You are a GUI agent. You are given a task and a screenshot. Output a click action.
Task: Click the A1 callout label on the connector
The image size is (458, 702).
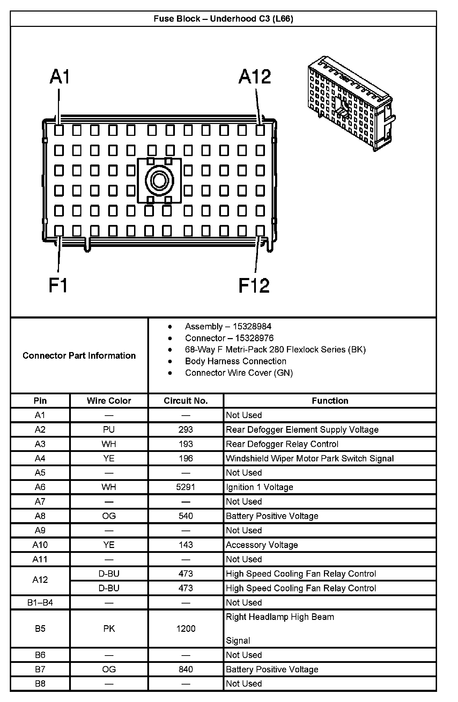coord(60,77)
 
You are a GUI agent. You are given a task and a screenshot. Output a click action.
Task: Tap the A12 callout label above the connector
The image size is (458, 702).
coord(254,77)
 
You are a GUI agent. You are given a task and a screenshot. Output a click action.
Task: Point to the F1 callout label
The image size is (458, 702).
coord(58,285)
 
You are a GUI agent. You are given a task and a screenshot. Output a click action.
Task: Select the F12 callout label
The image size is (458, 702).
coord(254,285)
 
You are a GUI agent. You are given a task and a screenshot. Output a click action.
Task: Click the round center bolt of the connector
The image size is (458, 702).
coord(159,181)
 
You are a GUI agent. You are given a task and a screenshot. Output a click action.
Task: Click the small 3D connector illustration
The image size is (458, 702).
coord(350,103)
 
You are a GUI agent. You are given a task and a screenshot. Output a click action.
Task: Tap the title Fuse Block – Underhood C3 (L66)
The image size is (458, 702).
coord(223,19)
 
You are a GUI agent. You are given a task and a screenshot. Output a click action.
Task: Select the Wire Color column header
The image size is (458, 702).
coord(109,401)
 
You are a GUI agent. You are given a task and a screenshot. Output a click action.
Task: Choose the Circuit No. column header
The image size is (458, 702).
coord(186,401)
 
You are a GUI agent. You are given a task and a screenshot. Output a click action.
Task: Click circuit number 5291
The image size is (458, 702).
coord(186,487)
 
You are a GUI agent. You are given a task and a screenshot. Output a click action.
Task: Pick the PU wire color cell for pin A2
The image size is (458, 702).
coord(109,430)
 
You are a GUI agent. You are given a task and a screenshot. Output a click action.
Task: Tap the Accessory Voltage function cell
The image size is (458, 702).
coord(262,545)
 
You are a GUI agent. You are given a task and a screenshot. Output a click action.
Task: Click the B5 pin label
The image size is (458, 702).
coord(40,629)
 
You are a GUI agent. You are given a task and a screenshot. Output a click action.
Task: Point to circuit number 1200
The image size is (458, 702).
coord(186,629)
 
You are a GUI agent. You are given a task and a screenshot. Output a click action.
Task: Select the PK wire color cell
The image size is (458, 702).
coord(109,629)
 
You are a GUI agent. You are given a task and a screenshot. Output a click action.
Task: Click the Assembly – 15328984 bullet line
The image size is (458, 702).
coord(228,327)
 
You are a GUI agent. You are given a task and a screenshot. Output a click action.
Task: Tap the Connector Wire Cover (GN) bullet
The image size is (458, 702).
coord(239,373)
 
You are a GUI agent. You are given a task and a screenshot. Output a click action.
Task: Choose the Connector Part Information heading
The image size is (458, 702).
coord(79,356)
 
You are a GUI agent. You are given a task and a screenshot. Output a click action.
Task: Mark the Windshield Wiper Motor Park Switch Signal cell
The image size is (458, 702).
coord(310,458)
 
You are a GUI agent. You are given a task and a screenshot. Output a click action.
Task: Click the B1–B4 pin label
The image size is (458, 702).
coord(40,602)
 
